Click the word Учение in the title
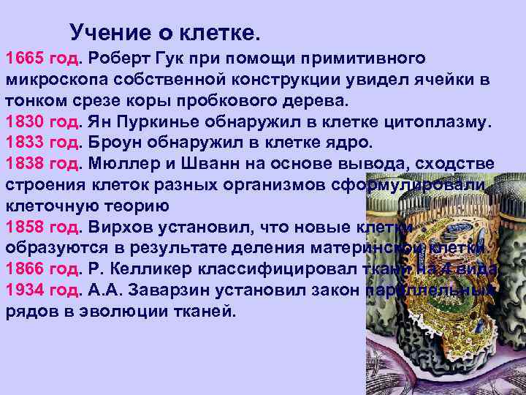click(103, 33)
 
